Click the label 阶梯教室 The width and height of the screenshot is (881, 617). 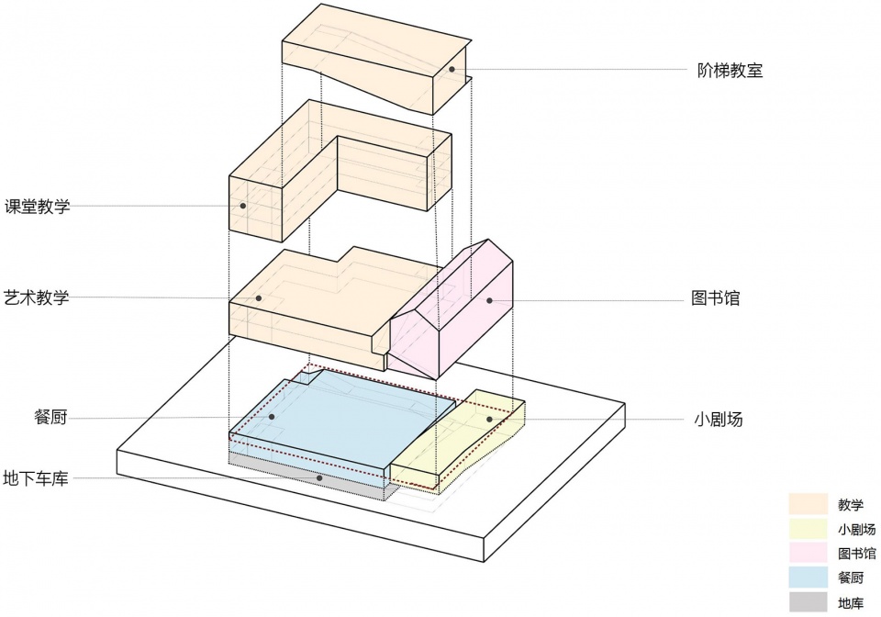click(730, 70)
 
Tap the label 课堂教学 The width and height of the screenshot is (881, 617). click(37, 207)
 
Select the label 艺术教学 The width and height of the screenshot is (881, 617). click(37, 297)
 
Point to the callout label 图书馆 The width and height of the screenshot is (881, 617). click(716, 299)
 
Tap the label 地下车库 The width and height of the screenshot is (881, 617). click(36, 478)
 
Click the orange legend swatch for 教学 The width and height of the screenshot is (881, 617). click(808, 504)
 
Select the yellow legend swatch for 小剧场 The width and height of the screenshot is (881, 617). click(808, 529)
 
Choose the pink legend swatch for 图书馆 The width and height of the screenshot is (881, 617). click(808, 554)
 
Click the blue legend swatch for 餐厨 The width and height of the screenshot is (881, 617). click(808, 578)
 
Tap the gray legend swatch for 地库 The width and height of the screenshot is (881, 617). click(808, 603)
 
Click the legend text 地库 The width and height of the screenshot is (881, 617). click(851, 603)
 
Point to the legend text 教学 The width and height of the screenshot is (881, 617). click(851, 504)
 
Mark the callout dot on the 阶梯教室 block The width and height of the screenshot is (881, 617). click(452, 70)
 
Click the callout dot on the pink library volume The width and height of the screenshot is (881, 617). click(489, 300)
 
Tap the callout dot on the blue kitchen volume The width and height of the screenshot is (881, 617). click(273, 417)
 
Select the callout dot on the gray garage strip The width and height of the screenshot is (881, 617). click(319, 477)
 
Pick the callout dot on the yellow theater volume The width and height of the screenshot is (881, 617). click(489, 420)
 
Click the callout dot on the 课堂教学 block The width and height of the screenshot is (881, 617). click(242, 206)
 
